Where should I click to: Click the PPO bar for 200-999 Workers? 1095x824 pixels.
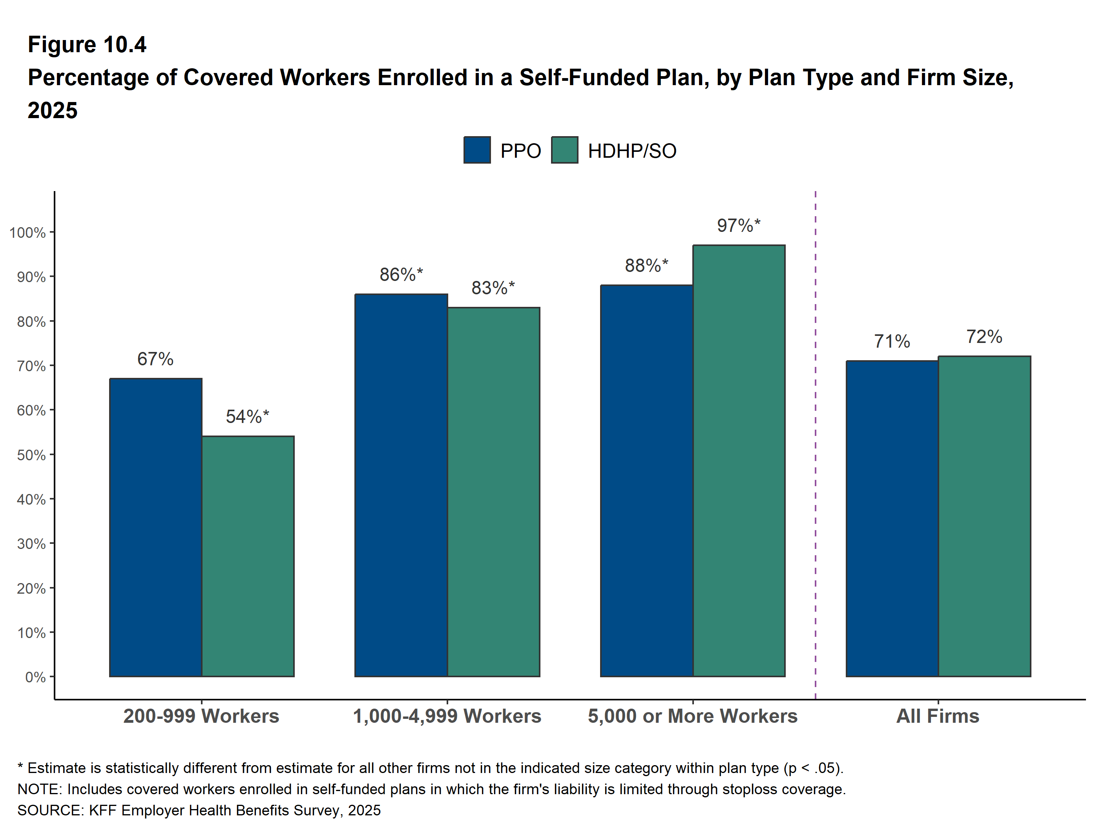tap(155, 527)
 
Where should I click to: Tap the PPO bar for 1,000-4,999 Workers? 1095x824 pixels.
tap(401, 485)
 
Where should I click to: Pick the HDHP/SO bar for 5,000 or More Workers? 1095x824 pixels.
tap(739, 460)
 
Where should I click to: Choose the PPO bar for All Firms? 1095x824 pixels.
tap(892, 518)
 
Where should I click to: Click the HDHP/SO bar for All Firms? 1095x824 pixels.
tap(984, 516)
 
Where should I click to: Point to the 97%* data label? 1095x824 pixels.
tap(738, 226)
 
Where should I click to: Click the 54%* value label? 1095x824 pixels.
tap(247, 417)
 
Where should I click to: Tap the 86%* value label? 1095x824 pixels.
tap(401, 275)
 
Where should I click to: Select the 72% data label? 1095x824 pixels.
tap(984, 337)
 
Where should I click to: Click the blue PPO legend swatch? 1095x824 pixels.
tap(477, 150)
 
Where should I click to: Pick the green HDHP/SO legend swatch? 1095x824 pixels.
tap(564, 150)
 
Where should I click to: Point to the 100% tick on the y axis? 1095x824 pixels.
tap(28, 233)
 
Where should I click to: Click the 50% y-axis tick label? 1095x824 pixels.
tap(31, 455)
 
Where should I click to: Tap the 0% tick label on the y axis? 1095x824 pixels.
tap(35, 677)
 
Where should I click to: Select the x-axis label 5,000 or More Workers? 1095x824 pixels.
tap(693, 716)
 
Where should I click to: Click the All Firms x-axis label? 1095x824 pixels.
tap(938, 716)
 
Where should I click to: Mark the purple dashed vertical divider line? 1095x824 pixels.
tap(815, 445)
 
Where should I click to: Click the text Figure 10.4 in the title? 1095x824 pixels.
tap(87, 45)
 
